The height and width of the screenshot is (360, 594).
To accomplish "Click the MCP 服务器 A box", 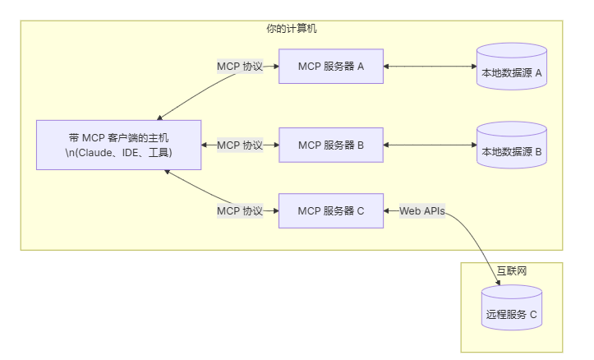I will coord(331,67).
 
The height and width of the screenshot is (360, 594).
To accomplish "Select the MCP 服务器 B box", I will coord(331,145).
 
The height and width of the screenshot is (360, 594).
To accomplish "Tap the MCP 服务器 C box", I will coord(331,211).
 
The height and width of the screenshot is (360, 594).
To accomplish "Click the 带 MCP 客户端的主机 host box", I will coord(119,145).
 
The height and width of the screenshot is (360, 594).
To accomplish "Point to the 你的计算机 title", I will coord(292,29).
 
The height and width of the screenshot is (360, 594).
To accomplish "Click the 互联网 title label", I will coord(512,270).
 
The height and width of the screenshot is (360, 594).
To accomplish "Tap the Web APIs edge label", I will coord(422,211).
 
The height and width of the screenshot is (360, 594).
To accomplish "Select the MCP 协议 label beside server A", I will coord(239,67).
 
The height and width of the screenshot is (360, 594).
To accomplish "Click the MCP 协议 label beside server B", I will coord(239,145).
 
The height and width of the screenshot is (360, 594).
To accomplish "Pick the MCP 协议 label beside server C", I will coord(239,211).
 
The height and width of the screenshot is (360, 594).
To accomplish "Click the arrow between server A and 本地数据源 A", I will coord(430,67).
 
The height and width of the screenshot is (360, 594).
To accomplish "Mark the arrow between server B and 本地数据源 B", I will coord(430,145).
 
